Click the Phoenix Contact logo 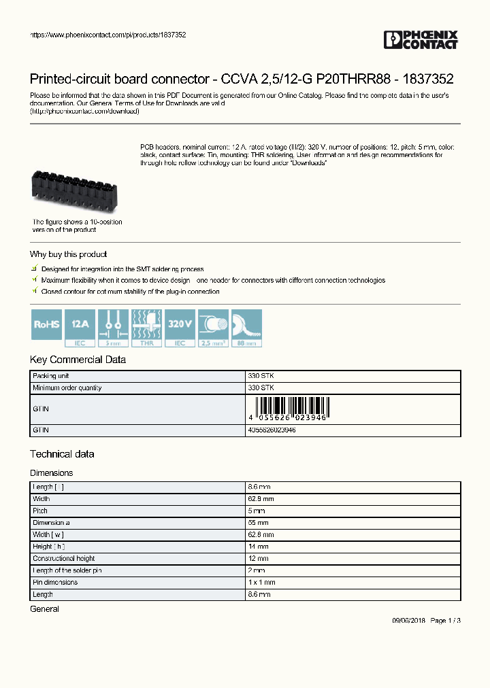click(x=421, y=40)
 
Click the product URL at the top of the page click(x=108, y=34)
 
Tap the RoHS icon click(x=47, y=328)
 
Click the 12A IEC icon click(x=80, y=328)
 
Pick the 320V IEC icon click(x=180, y=328)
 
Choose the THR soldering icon click(x=146, y=328)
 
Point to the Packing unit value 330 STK click(x=261, y=376)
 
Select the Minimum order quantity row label click(x=67, y=388)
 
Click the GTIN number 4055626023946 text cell click(x=272, y=430)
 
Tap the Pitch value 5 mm click(x=256, y=511)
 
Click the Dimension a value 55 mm click(x=258, y=523)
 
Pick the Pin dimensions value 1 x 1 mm click(x=262, y=583)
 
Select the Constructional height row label click(x=64, y=559)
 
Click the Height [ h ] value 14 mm click(x=258, y=547)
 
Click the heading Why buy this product click(x=68, y=254)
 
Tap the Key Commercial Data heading click(x=78, y=360)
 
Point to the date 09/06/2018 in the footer click(x=408, y=621)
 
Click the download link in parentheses click(x=85, y=111)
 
